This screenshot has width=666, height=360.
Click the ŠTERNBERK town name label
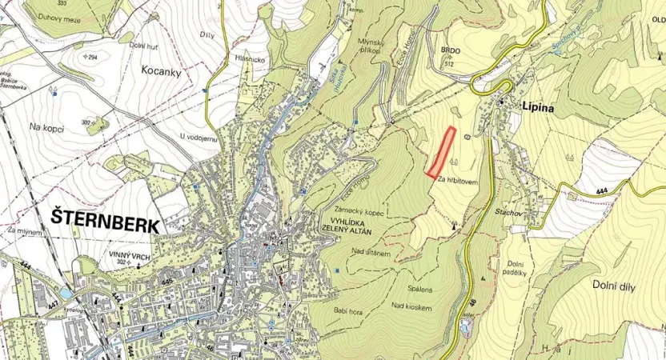[x=104, y=218]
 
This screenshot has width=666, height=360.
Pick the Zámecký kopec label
[x=348, y=206]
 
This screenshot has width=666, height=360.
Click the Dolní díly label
[x=613, y=284]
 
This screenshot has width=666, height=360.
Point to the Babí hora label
[x=332, y=309]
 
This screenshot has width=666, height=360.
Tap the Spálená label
[x=421, y=289]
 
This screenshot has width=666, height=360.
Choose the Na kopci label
[x=46, y=127]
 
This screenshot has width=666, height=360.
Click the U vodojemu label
[x=199, y=137]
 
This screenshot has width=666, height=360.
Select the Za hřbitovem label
[x=458, y=181]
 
